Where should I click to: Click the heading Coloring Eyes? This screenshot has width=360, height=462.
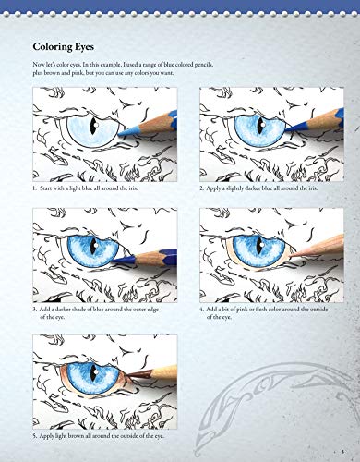(x=70, y=45)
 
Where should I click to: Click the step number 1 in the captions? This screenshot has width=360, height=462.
(x=34, y=188)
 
